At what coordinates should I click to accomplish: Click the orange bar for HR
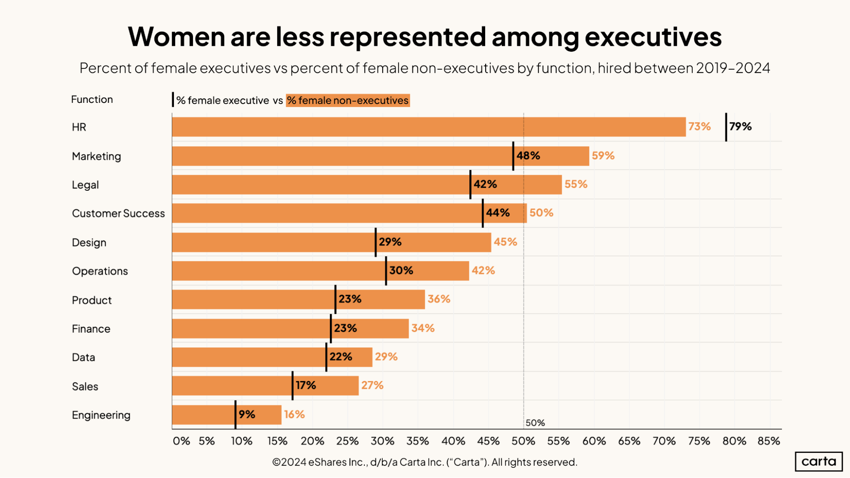click(x=429, y=127)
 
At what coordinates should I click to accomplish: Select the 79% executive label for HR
click(x=740, y=127)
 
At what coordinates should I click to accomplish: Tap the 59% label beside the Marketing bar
click(x=603, y=156)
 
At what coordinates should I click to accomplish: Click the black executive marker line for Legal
click(x=470, y=184)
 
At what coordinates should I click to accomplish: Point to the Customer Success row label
click(x=118, y=213)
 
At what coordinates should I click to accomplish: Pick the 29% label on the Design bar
click(x=390, y=242)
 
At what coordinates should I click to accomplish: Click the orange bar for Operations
click(x=321, y=271)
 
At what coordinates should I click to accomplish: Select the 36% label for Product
click(x=439, y=299)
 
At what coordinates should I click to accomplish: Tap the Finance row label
click(x=91, y=329)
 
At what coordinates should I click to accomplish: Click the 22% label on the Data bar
click(x=341, y=356)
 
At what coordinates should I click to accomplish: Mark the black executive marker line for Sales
click(x=293, y=385)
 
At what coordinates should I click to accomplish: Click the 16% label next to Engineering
click(x=294, y=414)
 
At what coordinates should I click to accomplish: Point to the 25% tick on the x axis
click(x=347, y=441)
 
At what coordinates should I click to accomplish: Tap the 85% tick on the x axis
click(x=769, y=441)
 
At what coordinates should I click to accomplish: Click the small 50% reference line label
click(x=535, y=423)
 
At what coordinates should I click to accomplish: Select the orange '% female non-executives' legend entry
click(x=347, y=100)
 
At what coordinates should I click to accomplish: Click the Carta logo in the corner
click(x=819, y=461)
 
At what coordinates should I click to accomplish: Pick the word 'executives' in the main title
click(x=653, y=37)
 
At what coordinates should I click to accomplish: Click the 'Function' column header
click(x=92, y=99)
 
